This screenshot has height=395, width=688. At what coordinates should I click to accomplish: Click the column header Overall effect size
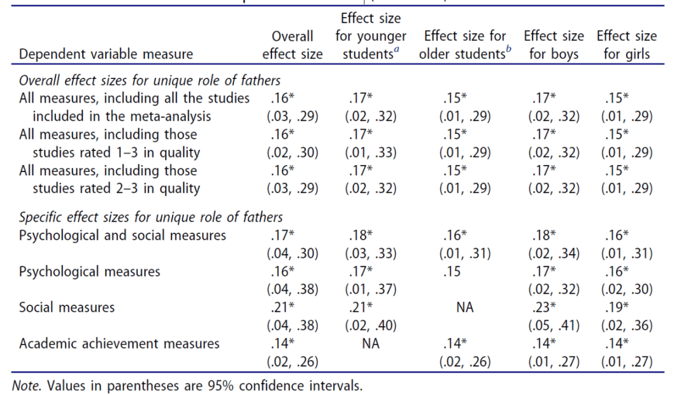point(292,45)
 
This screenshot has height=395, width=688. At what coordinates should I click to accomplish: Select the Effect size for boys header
point(553,45)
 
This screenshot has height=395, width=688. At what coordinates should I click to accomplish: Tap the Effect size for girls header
point(626,45)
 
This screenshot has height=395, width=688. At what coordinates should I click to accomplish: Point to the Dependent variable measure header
point(106,54)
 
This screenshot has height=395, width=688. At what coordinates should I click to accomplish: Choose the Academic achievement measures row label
point(119,343)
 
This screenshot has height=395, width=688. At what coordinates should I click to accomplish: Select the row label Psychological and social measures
point(122,235)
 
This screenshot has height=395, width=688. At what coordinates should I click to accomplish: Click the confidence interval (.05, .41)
point(553,326)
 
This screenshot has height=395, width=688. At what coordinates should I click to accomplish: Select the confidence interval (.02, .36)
point(627,326)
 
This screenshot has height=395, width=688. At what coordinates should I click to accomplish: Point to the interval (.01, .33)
point(370,152)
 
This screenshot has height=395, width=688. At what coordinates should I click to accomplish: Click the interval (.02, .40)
point(370,326)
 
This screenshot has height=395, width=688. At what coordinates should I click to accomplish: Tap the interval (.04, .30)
point(292,253)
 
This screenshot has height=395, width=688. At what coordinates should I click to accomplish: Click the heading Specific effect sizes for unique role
point(151,217)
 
